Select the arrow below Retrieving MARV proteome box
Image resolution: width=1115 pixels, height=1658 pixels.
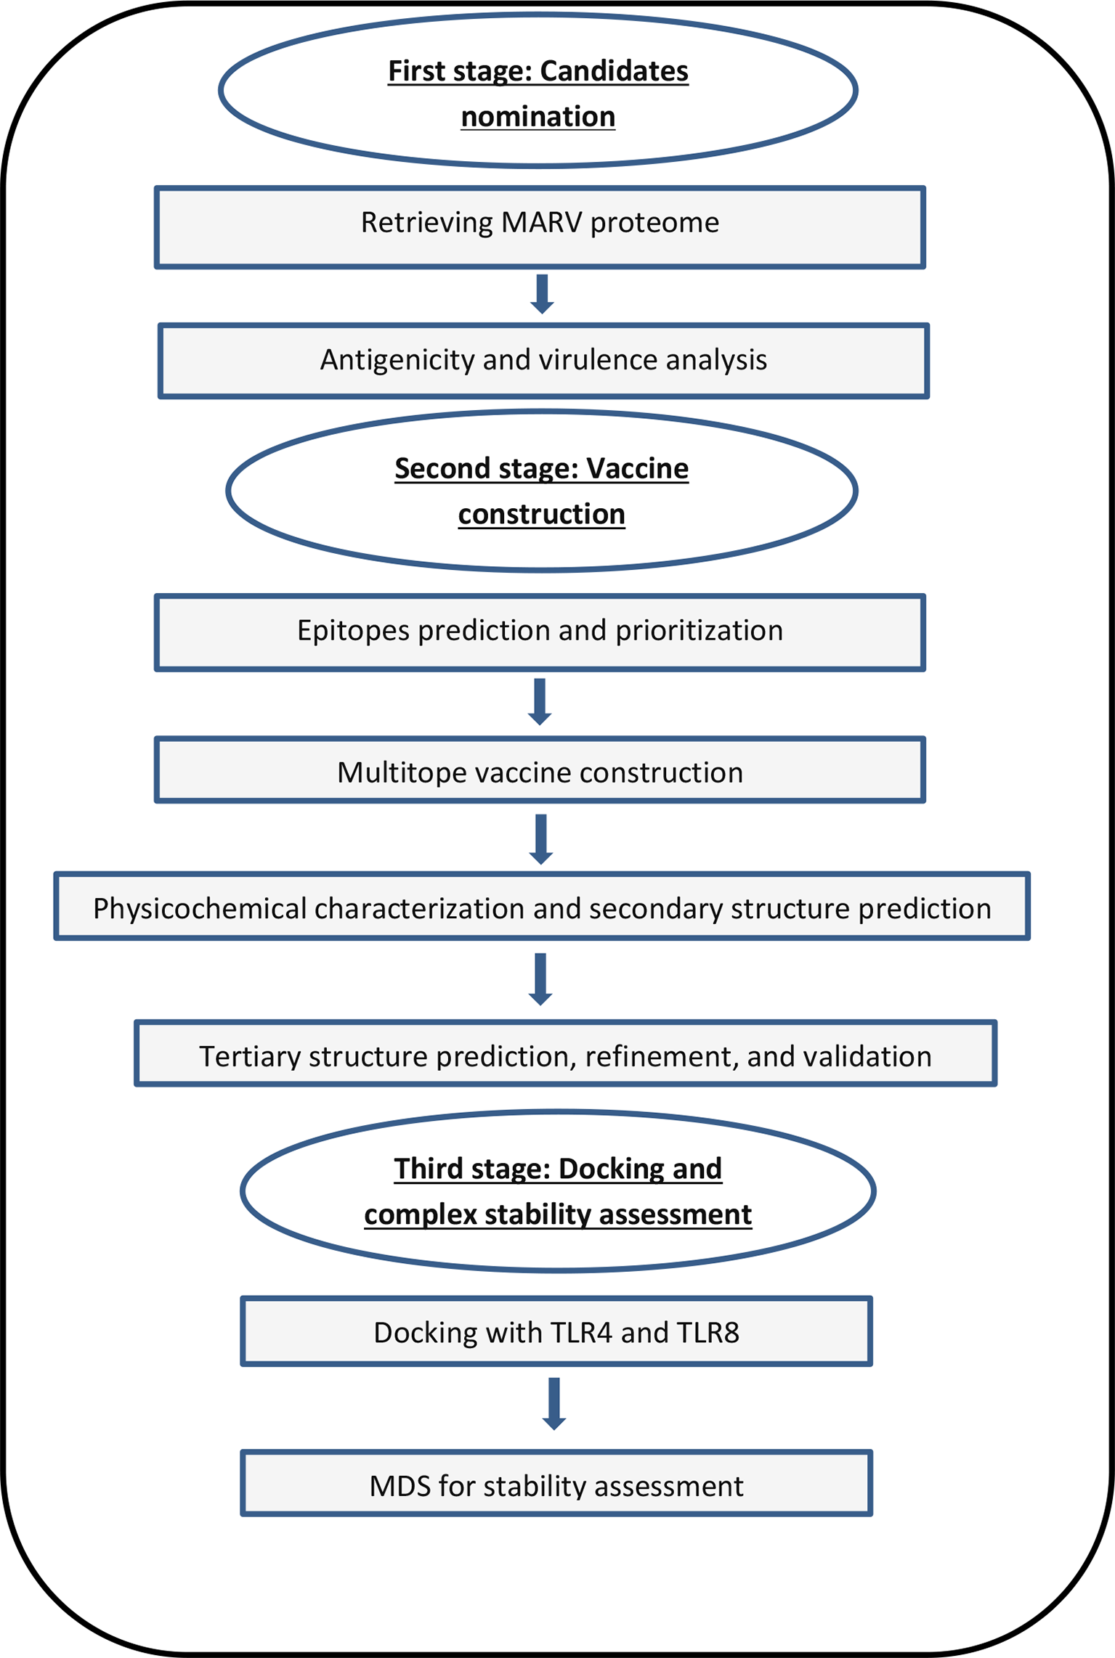pos(542,293)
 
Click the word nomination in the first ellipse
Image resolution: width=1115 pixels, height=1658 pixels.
pos(538,117)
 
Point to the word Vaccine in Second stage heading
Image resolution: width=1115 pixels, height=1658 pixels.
pos(637,469)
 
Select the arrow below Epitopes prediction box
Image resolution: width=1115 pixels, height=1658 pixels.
pos(540,701)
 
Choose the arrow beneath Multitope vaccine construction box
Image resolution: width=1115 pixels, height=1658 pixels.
pos(540,838)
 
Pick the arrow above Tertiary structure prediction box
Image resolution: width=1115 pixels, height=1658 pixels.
pos(540,978)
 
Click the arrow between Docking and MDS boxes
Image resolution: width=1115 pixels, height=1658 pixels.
pos(554,1402)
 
